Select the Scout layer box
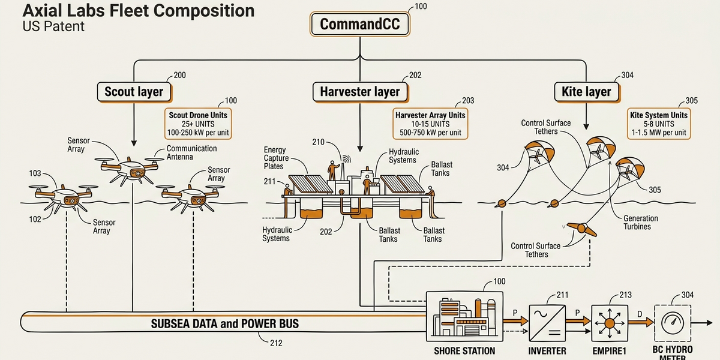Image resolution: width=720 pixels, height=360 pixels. [x=134, y=92]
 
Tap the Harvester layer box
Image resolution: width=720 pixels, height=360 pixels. [x=359, y=92]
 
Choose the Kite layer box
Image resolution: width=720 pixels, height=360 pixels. [x=586, y=92]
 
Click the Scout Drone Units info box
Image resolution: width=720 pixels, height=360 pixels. [x=200, y=124]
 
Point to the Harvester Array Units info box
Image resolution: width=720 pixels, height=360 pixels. [x=430, y=124]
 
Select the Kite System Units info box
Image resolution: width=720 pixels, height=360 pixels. [x=658, y=124]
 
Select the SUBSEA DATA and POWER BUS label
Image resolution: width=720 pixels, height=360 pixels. [x=225, y=324]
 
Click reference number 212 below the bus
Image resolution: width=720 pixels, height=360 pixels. [x=276, y=344]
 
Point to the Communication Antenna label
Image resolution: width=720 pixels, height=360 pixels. [x=191, y=152]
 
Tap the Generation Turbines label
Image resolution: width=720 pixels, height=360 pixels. [x=641, y=222]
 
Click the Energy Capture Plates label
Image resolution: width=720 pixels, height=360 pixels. [x=276, y=158]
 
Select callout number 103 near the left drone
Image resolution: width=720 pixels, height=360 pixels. [x=35, y=173]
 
